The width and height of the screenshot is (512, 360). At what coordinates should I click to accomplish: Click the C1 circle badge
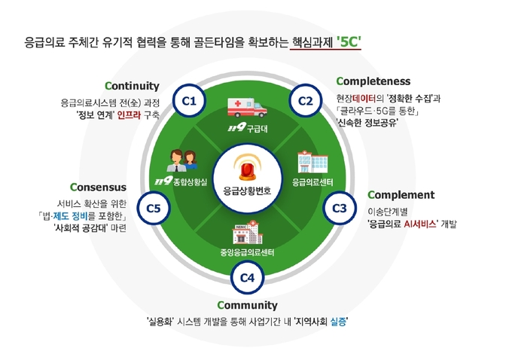(x=189, y=101)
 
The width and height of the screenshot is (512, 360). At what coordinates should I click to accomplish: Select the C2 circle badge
(x=306, y=101)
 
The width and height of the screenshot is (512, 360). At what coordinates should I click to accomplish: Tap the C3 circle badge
(x=340, y=208)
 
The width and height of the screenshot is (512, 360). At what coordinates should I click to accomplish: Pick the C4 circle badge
(x=247, y=278)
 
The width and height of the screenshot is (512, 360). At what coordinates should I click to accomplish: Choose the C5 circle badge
(x=154, y=208)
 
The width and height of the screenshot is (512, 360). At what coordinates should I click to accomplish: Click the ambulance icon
(x=247, y=108)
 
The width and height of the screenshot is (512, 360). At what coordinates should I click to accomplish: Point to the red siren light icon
(x=247, y=168)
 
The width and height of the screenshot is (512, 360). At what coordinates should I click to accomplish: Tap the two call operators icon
(x=182, y=160)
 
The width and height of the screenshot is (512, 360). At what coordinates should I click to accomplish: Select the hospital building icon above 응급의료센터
(x=312, y=162)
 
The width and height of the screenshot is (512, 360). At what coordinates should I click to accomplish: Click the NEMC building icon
(x=248, y=232)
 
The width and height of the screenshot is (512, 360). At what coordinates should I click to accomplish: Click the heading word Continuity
(x=132, y=86)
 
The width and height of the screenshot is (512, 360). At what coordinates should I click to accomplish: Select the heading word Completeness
(x=373, y=81)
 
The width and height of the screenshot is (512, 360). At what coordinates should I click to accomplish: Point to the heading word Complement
(x=401, y=195)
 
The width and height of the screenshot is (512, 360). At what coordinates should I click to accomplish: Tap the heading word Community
(x=247, y=306)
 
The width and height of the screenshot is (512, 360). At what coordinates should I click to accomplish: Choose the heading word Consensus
(x=98, y=188)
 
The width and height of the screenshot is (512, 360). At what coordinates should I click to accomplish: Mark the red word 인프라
(x=129, y=115)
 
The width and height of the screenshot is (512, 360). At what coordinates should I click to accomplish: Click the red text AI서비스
(x=419, y=224)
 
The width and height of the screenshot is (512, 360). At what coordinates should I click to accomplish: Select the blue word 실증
(x=338, y=322)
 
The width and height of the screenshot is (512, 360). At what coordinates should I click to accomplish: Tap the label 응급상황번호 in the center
(x=247, y=191)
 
